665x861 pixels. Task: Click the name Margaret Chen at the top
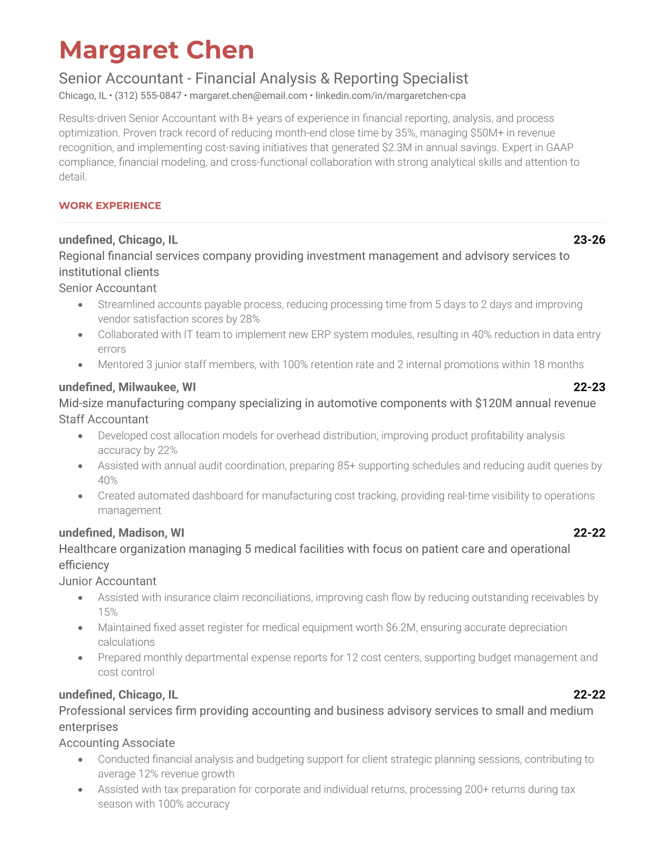point(156,51)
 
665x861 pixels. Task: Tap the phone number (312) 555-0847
point(148,96)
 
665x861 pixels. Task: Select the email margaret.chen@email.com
point(248,96)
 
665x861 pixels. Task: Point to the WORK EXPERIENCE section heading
point(110,205)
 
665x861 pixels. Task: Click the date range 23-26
point(589,240)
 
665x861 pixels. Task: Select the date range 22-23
point(589,387)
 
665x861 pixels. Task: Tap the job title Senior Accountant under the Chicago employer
point(108,288)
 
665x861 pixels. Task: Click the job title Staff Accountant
point(103,419)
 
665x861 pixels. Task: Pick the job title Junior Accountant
point(108,581)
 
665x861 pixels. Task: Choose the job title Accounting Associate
point(117,743)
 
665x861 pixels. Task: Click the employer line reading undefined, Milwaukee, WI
point(127,387)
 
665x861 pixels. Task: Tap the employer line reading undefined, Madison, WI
point(122,533)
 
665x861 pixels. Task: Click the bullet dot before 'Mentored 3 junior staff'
point(80,365)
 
